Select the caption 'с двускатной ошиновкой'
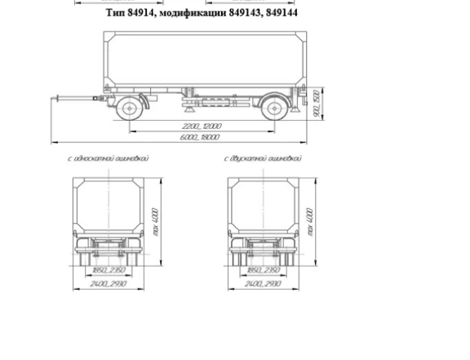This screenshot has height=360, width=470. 263,158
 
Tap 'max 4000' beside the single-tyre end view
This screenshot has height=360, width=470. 155,218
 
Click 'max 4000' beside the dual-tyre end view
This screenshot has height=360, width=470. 309,218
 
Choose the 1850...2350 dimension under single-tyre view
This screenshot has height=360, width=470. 106,269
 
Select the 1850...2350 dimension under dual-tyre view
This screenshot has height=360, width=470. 263,269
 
